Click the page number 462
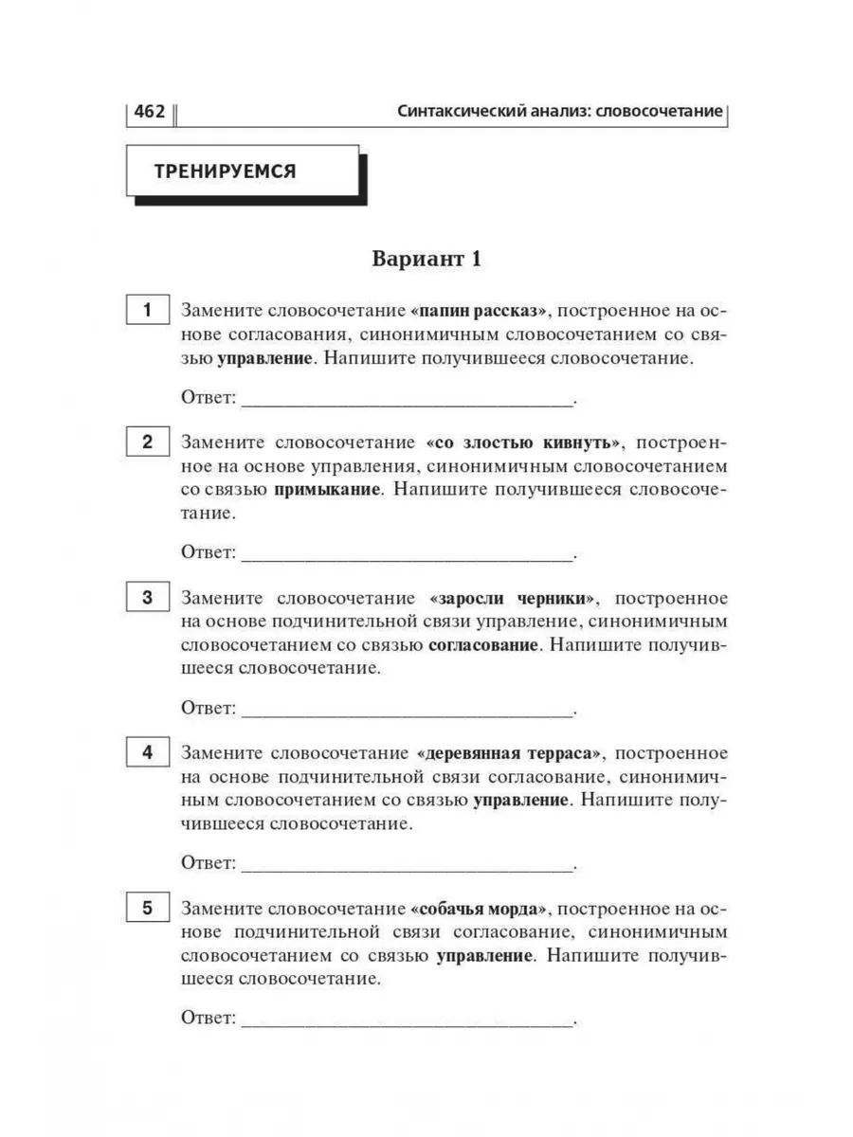coord(150,112)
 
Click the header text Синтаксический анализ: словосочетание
coord(561,112)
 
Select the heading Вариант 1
coord(426,260)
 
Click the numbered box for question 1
coord(147,311)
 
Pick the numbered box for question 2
coord(147,442)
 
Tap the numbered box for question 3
coord(147,598)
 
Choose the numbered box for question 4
coord(147,753)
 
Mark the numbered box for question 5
coord(147,909)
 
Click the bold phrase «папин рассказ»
coord(481,311)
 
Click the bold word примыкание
coord(328,490)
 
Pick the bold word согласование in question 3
coord(483,645)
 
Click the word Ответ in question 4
coord(208,863)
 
